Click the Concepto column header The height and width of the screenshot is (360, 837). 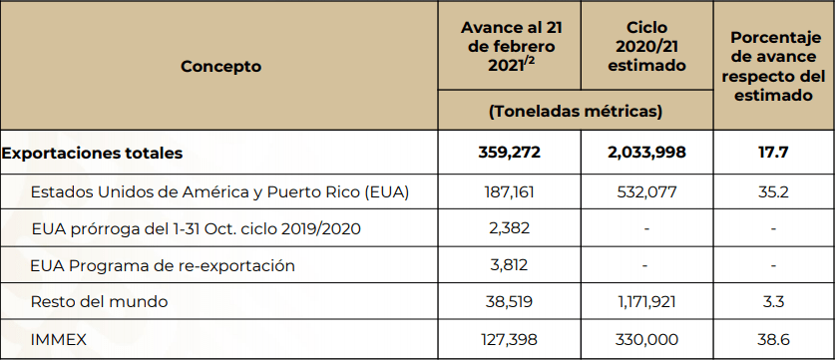click(220, 66)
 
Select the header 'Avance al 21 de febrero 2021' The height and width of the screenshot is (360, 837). click(512, 47)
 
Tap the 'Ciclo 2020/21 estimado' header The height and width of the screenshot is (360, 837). click(647, 47)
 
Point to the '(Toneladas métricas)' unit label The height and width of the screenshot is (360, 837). click(576, 111)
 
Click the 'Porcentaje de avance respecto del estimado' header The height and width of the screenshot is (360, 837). click(773, 66)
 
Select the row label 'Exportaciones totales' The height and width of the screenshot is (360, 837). click(92, 153)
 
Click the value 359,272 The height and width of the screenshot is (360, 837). click(509, 153)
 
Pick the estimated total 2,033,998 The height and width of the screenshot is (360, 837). click(646, 153)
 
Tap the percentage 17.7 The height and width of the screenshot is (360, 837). click(773, 153)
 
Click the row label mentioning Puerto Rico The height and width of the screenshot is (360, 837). click(219, 192)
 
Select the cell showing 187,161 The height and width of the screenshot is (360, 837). click(509, 192)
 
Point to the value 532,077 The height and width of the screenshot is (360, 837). click(646, 192)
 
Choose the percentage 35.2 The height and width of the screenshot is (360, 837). click(773, 192)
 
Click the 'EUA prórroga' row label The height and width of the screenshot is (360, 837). click(196, 228)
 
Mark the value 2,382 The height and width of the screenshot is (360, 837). click(509, 228)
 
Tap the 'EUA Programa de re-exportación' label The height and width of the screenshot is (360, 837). click(163, 265)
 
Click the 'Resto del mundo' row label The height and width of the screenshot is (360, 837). click(100, 302)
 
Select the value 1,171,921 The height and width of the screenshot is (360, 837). click(646, 302)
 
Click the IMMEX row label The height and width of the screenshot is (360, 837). click(59, 339)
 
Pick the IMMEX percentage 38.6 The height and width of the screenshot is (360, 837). click(773, 339)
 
